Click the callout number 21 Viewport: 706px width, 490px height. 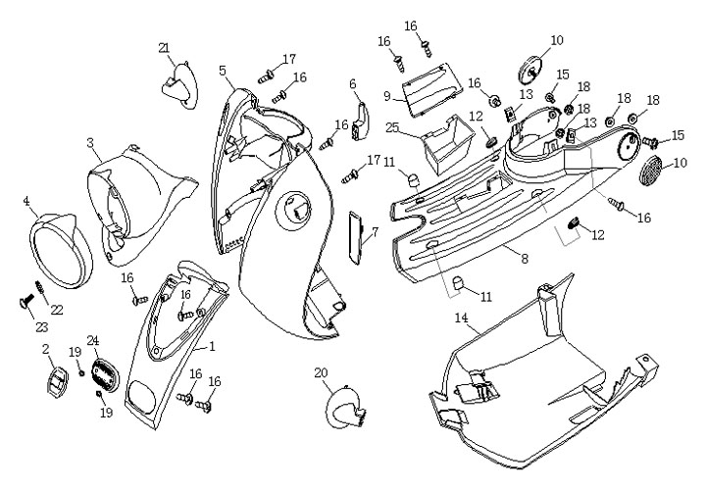pos(164,48)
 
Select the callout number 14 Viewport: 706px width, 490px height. pos(460,318)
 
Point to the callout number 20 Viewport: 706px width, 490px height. pos(322,373)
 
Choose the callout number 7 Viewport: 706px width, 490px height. pos(374,232)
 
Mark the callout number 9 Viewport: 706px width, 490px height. pos(387,96)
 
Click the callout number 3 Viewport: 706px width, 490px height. pos(90,143)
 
